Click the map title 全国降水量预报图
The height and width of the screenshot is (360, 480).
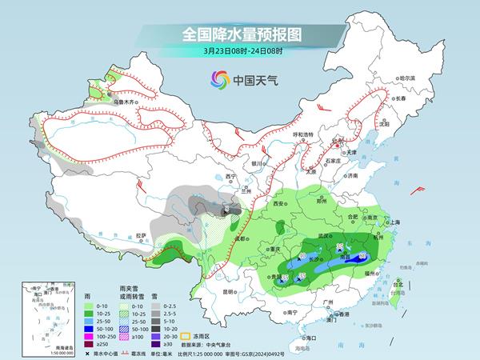tap(239, 34)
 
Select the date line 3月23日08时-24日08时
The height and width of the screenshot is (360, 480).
tap(239, 51)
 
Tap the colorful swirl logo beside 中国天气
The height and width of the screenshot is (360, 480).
tap(218, 80)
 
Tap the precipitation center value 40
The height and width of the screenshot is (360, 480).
tap(302, 257)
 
